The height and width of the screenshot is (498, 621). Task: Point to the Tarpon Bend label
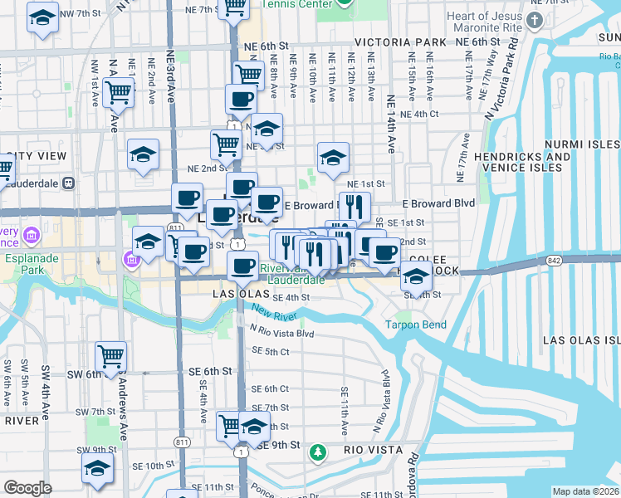click(415, 325)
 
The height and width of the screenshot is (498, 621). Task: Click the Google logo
click(27, 488)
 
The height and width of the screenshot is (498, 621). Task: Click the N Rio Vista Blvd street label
click(282, 333)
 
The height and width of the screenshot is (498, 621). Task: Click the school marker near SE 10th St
click(97, 467)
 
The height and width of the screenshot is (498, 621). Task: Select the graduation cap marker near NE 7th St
click(42, 17)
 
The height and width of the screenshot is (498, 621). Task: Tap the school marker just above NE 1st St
click(333, 157)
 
